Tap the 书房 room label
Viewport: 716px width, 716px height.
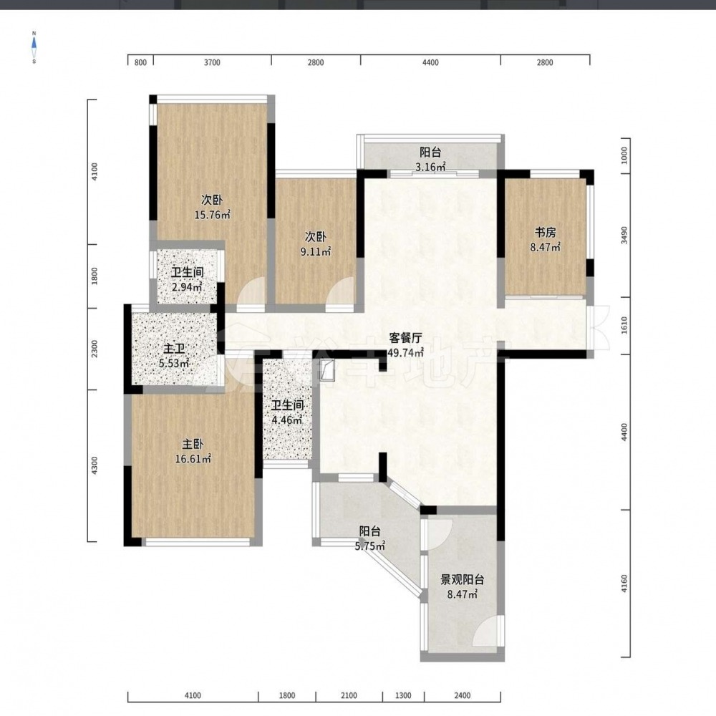tap(545, 233)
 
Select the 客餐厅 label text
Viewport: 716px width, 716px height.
tap(405, 338)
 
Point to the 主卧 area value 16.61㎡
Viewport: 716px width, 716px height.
tap(193, 459)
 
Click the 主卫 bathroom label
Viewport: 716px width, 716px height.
tap(174, 349)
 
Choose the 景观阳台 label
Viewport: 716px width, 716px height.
tap(462, 580)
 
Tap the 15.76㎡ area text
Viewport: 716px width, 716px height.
tap(213, 215)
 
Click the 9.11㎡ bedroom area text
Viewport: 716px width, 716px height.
tap(316, 251)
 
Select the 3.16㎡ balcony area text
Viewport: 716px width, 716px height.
tap(430, 167)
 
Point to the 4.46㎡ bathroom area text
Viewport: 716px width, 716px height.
tap(287, 420)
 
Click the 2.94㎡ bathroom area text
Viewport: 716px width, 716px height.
tap(187, 287)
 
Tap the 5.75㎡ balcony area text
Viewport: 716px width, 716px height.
tap(370, 546)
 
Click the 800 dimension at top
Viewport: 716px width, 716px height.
tap(140, 62)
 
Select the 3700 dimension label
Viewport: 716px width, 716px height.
tap(212, 62)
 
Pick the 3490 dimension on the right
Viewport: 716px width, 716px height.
tap(624, 235)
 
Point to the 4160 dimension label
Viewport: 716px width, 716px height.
tap(624, 584)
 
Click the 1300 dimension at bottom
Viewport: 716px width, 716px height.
tap(403, 696)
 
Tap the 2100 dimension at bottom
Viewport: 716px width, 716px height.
tap(349, 696)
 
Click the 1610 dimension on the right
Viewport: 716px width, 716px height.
tap(624, 325)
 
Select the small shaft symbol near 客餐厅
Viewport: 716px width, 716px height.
tap(328, 370)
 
